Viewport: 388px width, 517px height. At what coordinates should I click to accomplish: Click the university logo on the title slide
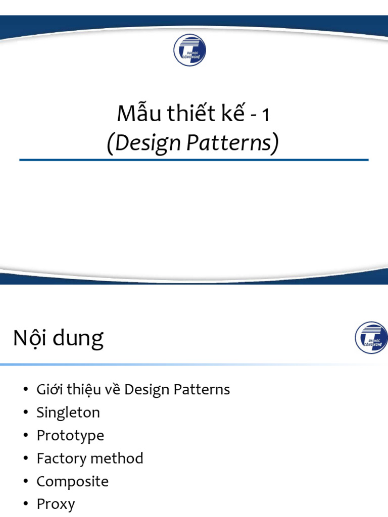pyautogui.click(x=189, y=50)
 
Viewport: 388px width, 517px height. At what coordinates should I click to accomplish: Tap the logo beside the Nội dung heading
pyautogui.click(x=371, y=337)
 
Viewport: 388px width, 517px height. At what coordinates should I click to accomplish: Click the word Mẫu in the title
pyautogui.click(x=133, y=114)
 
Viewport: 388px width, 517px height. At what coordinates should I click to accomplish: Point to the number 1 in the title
pyautogui.click(x=265, y=116)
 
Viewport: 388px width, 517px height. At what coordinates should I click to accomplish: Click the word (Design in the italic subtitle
pyautogui.click(x=143, y=144)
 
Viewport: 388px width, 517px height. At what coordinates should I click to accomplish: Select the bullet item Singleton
pyautogui.click(x=68, y=413)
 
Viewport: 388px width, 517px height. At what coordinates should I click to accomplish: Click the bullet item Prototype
pyautogui.click(x=70, y=436)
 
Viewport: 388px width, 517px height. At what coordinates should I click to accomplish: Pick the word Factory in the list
pyautogui.click(x=59, y=458)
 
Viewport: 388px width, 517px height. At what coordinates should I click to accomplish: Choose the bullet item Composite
pyautogui.click(x=72, y=482)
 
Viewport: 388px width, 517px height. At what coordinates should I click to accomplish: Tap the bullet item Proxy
pyautogui.click(x=56, y=504)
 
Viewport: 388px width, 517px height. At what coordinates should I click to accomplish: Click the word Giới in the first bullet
pyautogui.click(x=48, y=390)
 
